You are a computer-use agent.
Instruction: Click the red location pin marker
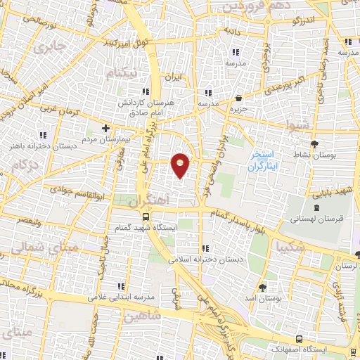181,165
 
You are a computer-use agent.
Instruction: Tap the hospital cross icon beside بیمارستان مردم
105,128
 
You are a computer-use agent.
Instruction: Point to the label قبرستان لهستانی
314,219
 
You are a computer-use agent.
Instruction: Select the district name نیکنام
124,73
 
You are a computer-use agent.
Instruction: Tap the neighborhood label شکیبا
291,247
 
